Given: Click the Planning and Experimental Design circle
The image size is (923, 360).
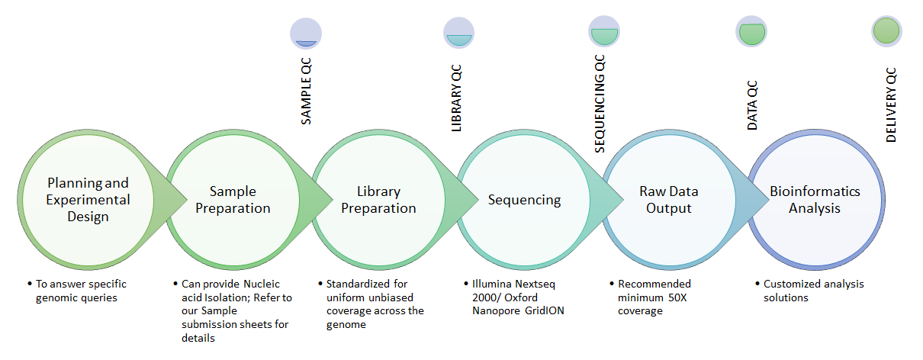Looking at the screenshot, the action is [88, 200].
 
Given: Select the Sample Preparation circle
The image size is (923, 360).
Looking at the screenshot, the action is [233, 200].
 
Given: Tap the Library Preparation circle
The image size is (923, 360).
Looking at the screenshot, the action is [378, 200].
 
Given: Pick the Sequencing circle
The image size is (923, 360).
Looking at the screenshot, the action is [524, 200].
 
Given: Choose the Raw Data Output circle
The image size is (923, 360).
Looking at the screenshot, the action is [669, 200].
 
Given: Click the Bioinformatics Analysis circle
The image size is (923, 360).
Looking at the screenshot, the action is [815, 200].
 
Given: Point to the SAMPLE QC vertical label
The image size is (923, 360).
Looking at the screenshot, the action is [306, 91].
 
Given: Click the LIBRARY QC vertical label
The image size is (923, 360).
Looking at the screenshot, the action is [457, 98].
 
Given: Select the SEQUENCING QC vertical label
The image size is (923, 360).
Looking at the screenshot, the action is [600, 104].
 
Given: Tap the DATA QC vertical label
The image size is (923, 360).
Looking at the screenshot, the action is [752, 105].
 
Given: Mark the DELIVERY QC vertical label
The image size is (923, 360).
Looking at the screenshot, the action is [891, 105].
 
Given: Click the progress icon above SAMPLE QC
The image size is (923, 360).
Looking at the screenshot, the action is [306, 34].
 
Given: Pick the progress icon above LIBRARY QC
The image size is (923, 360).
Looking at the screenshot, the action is [458, 33].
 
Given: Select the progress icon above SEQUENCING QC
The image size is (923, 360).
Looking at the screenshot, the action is [604, 31].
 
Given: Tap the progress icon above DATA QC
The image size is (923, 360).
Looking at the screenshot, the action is [751, 31].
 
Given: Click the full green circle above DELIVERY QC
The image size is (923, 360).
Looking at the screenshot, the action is [886, 31].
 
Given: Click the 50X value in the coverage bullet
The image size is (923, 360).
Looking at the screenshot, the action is [677, 297].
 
